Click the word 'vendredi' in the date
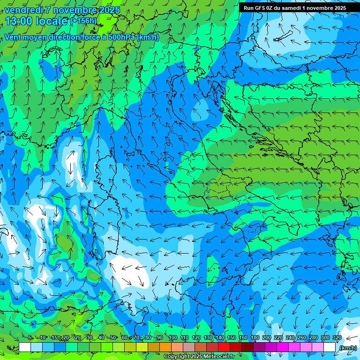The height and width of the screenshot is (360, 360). (24, 10)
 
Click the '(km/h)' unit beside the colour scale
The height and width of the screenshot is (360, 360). (348, 348)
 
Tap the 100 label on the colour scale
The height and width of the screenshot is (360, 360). (172, 338)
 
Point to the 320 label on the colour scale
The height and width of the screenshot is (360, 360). (337, 338)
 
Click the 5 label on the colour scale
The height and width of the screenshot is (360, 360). (30, 338)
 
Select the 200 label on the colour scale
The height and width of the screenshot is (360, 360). (266, 338)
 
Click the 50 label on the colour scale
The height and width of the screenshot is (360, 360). (112, 338)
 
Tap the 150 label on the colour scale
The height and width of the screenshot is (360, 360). (231, 338)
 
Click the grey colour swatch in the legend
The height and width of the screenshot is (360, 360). (188, 347)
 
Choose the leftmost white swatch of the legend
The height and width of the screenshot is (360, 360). (25, 347)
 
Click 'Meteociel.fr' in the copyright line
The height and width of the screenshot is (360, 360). (222, 357)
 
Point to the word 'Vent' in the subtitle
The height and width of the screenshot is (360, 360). (13, 37)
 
